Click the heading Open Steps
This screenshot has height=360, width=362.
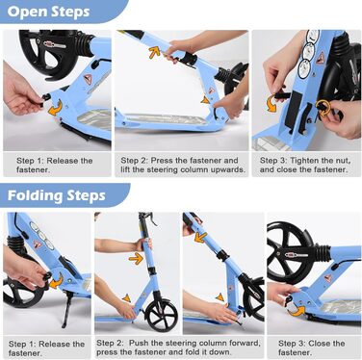click(48, 12)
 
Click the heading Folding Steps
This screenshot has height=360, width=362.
click(56, 195)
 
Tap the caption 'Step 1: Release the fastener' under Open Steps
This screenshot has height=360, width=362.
click(55, 165)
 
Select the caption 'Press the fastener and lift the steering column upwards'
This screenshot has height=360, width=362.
click(183, 165)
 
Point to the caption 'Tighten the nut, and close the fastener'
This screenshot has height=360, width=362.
click(305, 165)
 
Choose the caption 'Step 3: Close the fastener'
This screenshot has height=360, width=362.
click(311, 347)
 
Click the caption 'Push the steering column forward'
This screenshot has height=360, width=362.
click(194, 343)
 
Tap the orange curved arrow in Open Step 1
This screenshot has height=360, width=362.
click(55, 108)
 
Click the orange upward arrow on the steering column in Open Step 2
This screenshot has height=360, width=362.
click(154, 52)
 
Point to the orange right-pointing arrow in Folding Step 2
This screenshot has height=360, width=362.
click(136, 258)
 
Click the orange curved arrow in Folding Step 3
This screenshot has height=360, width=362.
click(296, 311)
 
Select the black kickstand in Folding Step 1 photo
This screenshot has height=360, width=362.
click(65, 309)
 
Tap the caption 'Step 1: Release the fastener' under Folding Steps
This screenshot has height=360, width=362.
click(46, 348)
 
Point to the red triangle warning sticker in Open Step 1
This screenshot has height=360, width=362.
click(88, 79)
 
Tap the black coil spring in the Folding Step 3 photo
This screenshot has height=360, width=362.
click(323, 254)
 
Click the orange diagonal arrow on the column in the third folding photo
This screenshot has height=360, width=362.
click(200, 238)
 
